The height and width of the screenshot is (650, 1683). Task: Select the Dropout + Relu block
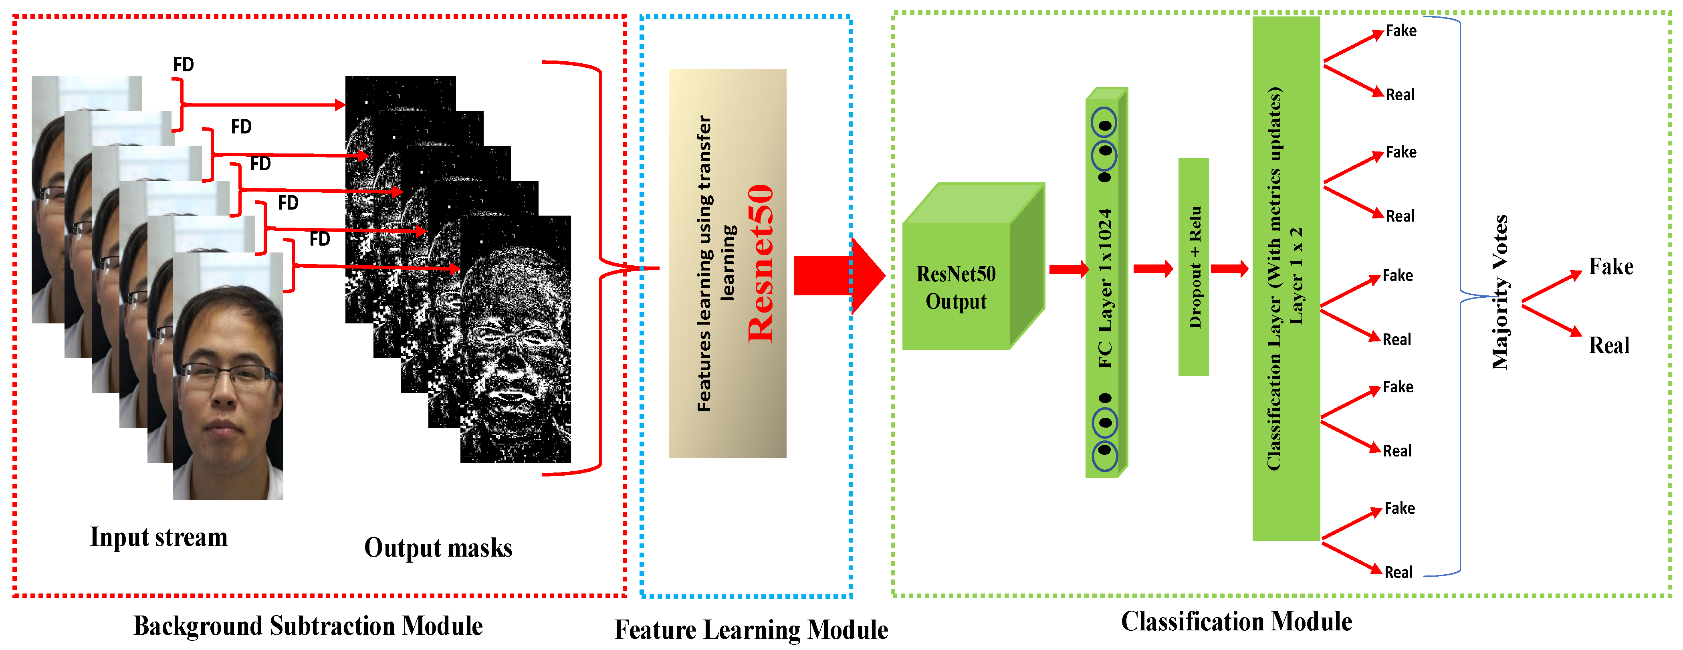[1194, 267]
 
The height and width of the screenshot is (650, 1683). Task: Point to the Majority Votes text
[1500, 292]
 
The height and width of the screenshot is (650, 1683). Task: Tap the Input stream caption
[159, 537]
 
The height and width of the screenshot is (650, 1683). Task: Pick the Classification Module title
[1236, 621]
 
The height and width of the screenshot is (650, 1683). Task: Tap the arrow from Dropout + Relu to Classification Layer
[1229, 268]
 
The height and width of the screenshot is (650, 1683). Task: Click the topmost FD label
[184, 65]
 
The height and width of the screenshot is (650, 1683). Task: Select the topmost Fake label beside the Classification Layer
[1401, 31]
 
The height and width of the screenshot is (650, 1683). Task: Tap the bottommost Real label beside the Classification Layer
[1398, 572]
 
